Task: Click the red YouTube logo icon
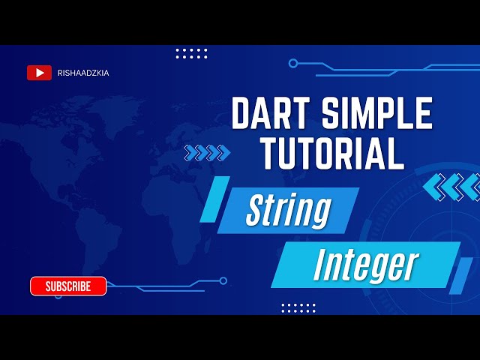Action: coord(39,73)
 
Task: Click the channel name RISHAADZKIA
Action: coord(82,73)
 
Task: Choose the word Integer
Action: coord(365,264)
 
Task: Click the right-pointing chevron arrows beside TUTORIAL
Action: coord(206,153)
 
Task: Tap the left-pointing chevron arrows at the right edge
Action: coord(451,187)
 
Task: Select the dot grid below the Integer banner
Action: coord(298,307)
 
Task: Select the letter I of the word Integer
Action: coord(319,264)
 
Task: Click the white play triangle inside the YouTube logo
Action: coord(39,73)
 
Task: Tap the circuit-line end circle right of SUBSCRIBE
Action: coord(223,280)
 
